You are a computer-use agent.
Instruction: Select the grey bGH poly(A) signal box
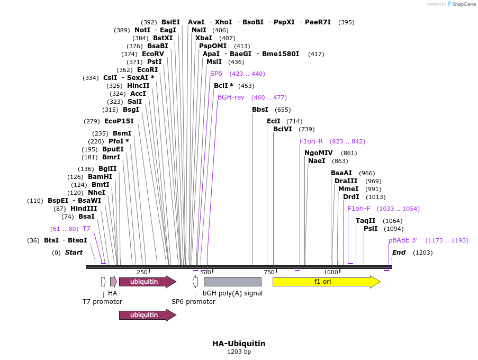[x=232, y=282]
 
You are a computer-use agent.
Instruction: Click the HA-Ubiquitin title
[x=239, y=344]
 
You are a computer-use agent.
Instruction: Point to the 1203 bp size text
[x=239, y=352]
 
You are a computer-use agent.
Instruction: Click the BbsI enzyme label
[x=260, y=110]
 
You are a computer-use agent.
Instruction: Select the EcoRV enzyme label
[x=153, y=54]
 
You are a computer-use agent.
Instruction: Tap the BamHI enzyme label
[x=100, y=177]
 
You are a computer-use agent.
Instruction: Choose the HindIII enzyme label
[x=84, y=209]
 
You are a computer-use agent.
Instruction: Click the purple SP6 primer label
[x=216, y=74]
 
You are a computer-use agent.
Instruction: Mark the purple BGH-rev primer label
[x=231, y=97]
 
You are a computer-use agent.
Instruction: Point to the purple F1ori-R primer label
[x=311, y=141]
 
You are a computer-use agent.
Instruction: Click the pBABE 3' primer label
[x=403, y=240]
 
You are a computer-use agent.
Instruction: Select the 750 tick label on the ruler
[x=269, y=272]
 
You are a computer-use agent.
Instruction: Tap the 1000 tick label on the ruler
[x=331, y=272]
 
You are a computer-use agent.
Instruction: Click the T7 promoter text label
[x=102, y=302]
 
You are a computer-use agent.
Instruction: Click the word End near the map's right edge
[x=399, y=253]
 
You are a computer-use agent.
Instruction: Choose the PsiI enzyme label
[x=371, y=229]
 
